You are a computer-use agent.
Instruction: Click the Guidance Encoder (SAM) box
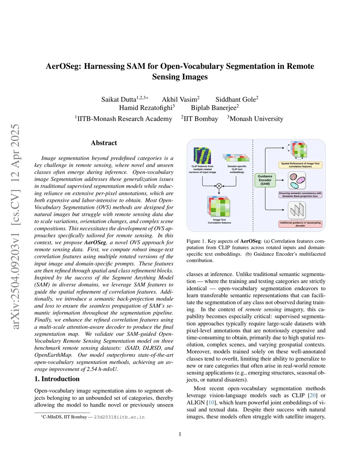point(265,180)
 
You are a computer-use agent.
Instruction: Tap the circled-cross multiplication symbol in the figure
point(219,186)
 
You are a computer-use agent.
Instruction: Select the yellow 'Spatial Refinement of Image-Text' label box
point(300,165)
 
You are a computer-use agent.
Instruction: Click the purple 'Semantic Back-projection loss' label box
point(300,194)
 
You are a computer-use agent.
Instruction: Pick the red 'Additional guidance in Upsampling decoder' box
point(300,224)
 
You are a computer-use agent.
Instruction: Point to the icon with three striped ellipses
point(297,181)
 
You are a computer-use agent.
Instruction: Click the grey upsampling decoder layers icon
point(297,210)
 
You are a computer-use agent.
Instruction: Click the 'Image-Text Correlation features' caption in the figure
point(219,221)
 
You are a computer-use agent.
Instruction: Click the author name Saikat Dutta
point(118,100)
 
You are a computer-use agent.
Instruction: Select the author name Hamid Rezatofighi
point(146,108)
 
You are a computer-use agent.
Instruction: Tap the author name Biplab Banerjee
point(213,108)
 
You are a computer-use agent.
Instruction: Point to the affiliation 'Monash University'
point(256,119)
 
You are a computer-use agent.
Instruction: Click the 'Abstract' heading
point(104,143)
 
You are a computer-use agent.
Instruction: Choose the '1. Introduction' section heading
point(57,379)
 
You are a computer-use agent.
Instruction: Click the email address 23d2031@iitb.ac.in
point(119,417)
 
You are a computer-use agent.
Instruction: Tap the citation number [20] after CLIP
point(313,396)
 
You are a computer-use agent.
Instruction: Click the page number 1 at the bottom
point(180,434)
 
